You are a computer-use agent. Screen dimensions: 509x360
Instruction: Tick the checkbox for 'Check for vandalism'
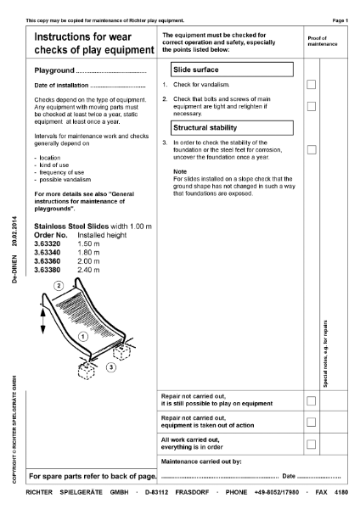[311, 85]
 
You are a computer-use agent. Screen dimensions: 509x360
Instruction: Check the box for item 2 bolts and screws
[311, 106]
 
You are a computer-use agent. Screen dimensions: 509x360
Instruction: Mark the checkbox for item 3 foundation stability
[311, 149]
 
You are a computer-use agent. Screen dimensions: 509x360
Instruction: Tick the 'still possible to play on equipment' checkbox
[311, 400]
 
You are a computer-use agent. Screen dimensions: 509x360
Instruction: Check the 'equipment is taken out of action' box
[311, 422]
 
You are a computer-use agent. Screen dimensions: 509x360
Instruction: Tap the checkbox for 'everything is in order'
[311, 444]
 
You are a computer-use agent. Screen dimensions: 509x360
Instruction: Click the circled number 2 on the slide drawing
[59, 287]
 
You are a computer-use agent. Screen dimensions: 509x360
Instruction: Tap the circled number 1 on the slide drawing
[82, 337]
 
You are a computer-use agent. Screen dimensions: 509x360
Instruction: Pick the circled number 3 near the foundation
[110, 367]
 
